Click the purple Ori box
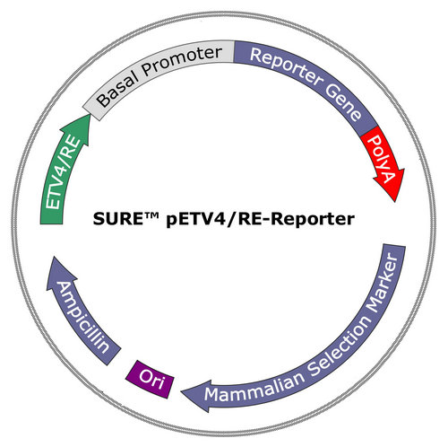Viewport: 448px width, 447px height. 150,379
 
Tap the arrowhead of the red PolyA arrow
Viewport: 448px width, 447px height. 391,185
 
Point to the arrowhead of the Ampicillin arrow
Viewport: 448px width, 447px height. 60,272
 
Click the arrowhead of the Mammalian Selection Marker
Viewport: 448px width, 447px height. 195,396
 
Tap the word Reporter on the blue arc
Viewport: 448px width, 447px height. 286,66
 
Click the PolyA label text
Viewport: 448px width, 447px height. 382,158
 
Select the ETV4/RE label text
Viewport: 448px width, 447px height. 64,173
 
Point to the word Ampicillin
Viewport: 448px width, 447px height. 82,317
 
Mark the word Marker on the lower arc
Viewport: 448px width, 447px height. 383,283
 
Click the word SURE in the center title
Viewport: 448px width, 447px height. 117,219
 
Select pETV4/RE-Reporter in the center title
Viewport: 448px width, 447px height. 261,219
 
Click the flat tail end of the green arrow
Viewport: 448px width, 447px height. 51,223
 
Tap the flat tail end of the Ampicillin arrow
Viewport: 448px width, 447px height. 114,356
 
